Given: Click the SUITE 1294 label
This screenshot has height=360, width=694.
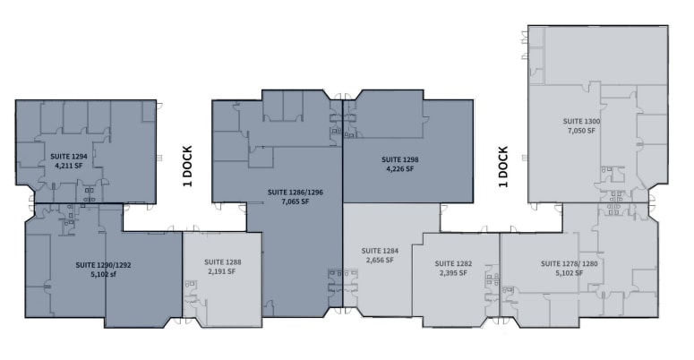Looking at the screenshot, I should pyautogui.click(x=68, y=155).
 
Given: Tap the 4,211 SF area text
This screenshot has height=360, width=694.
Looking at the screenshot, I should pyautogui.click(x=68, y=165).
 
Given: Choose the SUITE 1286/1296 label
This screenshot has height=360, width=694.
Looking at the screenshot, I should pyautogui.click(x=294, y=192).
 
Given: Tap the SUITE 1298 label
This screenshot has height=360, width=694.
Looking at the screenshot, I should pyautogui.click(x=402, y=159).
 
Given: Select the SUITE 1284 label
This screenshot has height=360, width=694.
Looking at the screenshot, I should pyautogui.click(x=379, y=251).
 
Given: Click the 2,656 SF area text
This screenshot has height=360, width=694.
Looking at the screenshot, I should pyautogui.click(x=379, y=261).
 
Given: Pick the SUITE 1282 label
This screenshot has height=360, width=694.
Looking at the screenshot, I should pyautogui.click(x=453, y=263).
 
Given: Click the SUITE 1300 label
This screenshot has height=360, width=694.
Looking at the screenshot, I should pyautogui.click(x=581, y=121).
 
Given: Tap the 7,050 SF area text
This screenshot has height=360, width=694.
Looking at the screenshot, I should pyautogui.click(x=581, y=131).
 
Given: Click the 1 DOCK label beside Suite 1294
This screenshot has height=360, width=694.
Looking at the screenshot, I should pyautogui.click(x=188, y=167).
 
